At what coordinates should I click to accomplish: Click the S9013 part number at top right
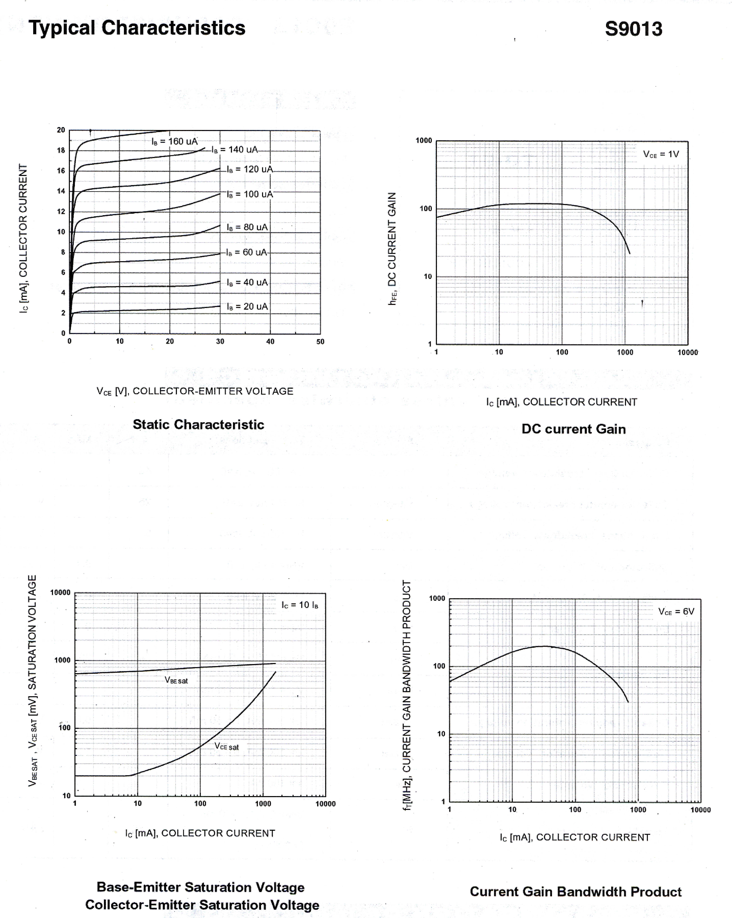[633, 29]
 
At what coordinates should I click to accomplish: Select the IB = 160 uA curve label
[175, 141]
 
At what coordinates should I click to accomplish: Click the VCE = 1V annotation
[661, 154]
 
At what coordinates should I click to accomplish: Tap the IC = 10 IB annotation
[300, 605]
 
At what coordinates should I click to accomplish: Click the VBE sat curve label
[176, 680]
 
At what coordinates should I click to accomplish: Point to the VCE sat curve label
[226, 746]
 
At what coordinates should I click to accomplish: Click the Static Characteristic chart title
[198, 424]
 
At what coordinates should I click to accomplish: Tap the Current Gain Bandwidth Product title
[575, 892]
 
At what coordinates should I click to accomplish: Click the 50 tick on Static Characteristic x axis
[320, 341]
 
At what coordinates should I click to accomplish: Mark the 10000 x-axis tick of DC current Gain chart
[687, 353]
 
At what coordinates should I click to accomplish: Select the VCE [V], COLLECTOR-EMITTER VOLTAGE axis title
[195, 391]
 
